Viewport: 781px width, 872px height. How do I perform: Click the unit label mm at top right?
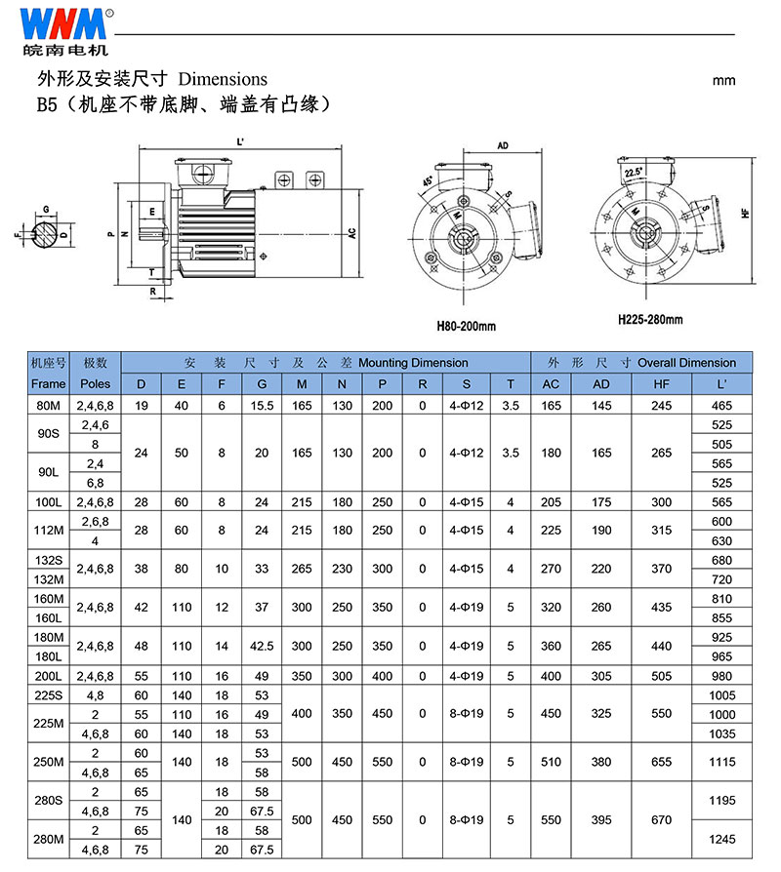coord(723,80)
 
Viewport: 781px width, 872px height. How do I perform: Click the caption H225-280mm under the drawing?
coord(650,319)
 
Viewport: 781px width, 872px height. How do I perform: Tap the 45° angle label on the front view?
coord(430,181)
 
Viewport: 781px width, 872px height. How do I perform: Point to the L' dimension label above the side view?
coord(240,142)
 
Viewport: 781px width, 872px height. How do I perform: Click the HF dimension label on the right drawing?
coord(745,212)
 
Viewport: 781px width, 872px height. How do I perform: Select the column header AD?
coord(601,383)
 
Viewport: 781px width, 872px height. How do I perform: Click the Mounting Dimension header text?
coord(413,363)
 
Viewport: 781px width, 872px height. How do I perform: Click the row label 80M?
coord(48,404)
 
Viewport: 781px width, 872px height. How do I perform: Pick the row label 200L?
coord(48,675)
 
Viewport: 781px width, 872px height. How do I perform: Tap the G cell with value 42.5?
coord(261,646)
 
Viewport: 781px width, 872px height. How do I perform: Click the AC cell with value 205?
coord(551,502)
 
